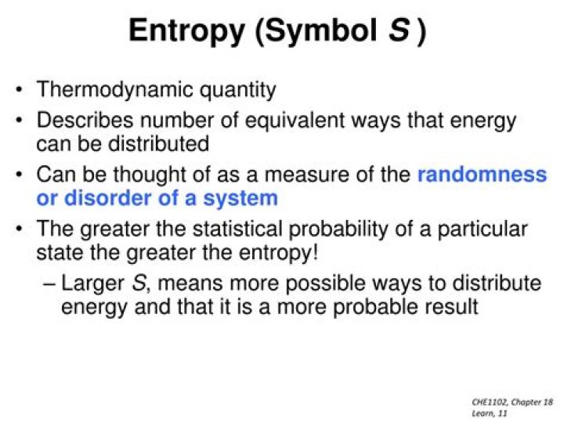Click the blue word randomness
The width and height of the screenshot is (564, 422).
[481, 175]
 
